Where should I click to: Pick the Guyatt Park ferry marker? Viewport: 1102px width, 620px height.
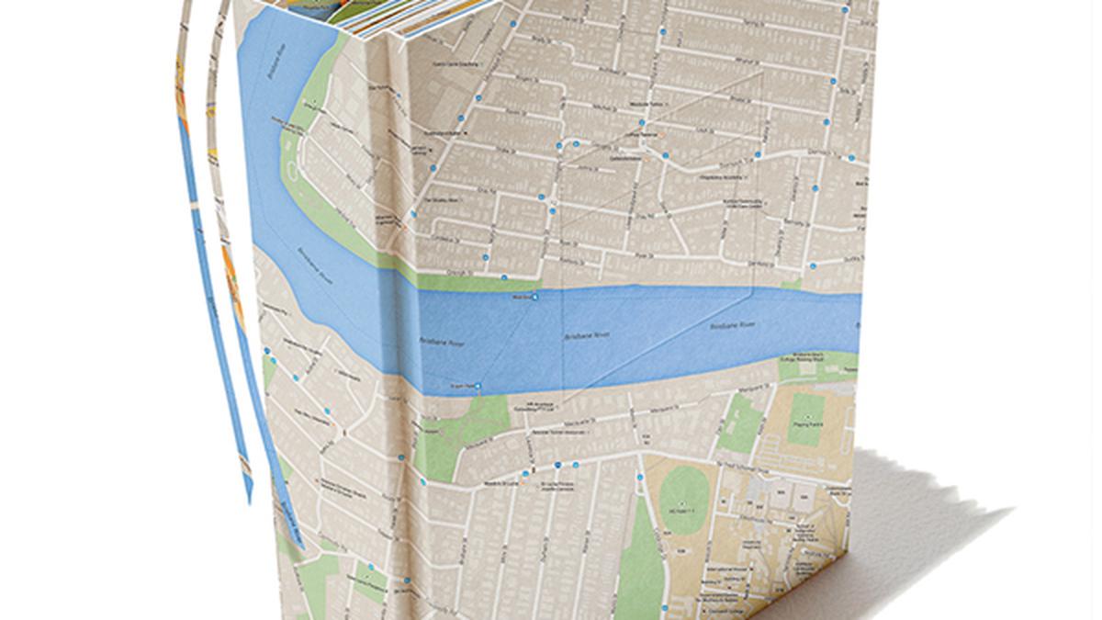click(x=478, y=386)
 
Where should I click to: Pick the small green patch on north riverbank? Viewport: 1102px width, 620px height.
click(x=790, y=284)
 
